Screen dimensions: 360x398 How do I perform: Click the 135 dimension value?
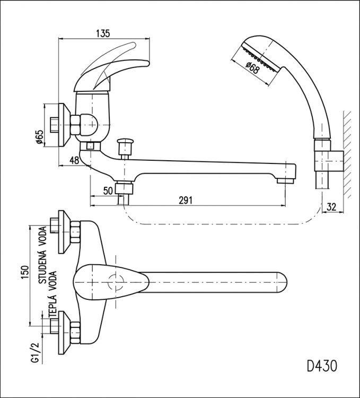(x=103, y=33)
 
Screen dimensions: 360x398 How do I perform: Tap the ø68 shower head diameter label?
(x=252, y=68)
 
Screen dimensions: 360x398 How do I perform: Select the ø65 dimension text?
(x=40, y=137)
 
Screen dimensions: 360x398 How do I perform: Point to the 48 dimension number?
(x=74, y=160)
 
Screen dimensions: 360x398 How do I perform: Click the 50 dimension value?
(x=108, y=191)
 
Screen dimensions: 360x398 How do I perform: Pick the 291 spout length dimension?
(x=186, y=201)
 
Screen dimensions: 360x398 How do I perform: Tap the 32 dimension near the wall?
(x=331, y=207)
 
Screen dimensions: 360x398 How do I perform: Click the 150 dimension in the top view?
(x=25, y=272)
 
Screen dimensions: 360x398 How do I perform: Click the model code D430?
(x=322, y=366)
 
